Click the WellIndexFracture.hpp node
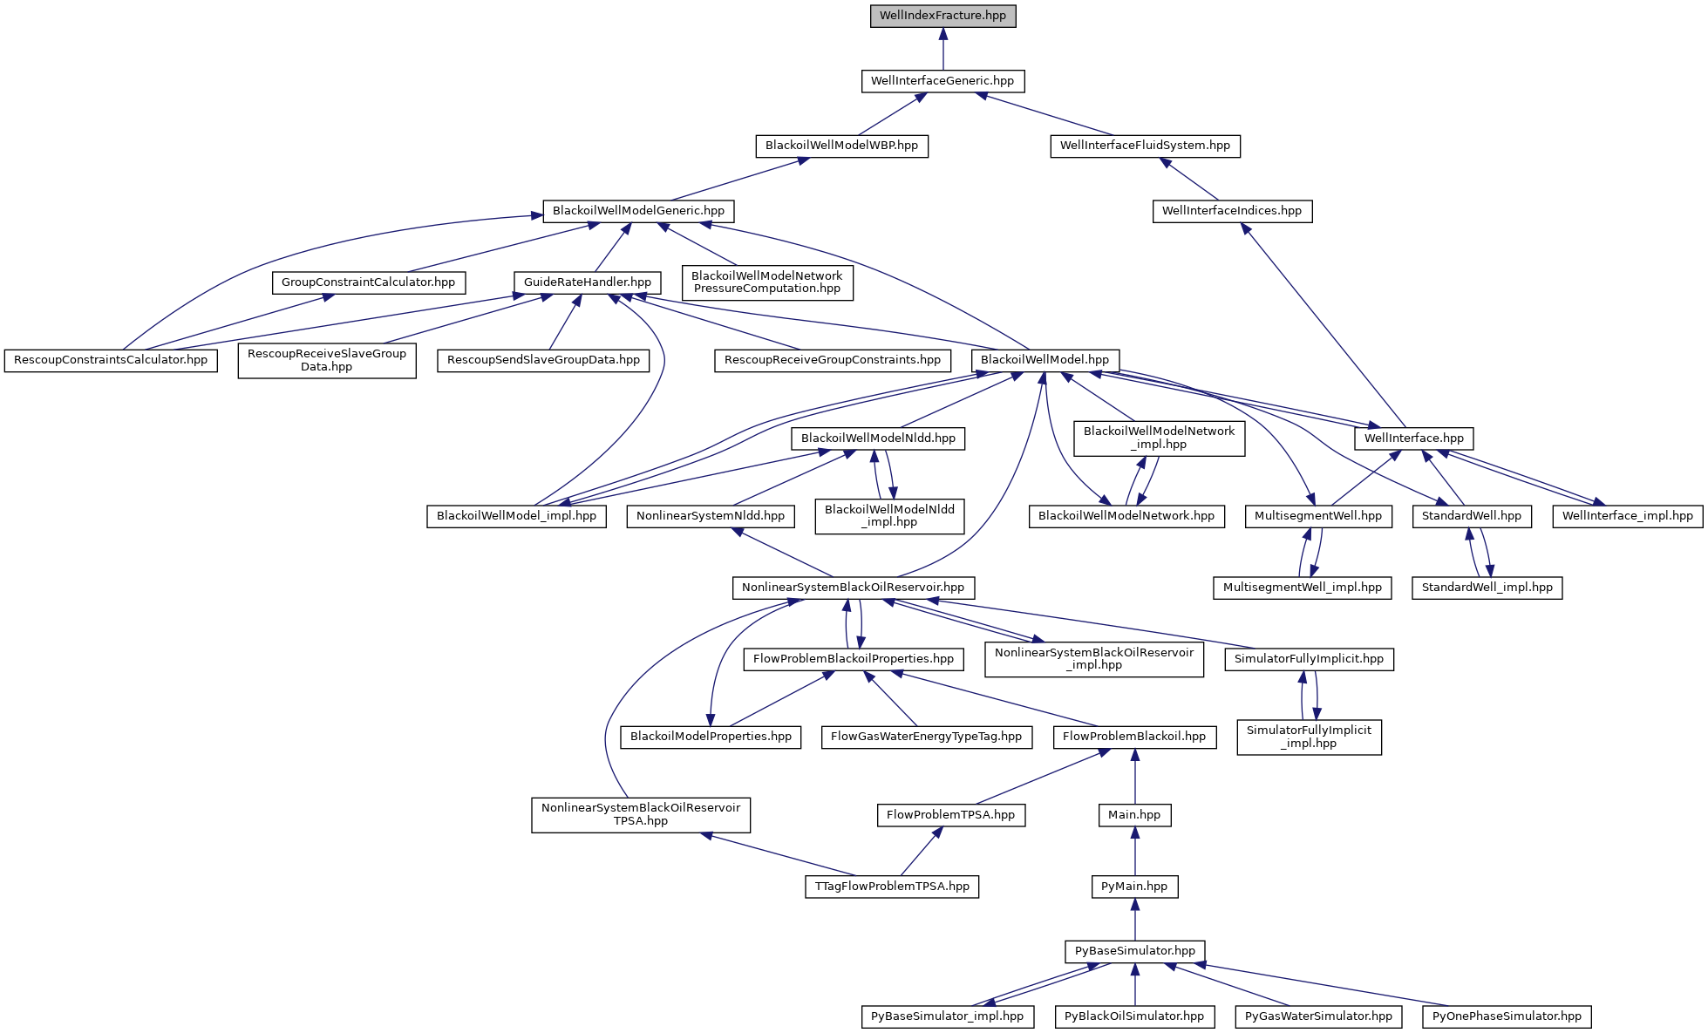pyautogui.click(x=942, y=16)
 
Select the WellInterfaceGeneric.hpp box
pyautogui.click(x=942, y=81)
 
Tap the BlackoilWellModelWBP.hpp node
pyautogui.click(x=841, y=146)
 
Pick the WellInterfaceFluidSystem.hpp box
pyautogui.click(x=1145, y=146)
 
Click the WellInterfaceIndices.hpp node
pyautogui.click(x=1232, y=211)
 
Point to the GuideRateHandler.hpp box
pyautogui.click(x=588, y=282)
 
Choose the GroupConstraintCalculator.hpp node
pyautogui.click(x=369, y=282)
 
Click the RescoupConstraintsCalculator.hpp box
pyautogui.click(x=111, y=360)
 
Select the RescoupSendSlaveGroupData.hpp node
pyautogui.click(x=543, y=360)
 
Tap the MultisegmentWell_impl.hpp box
pyautogui.click(x=1303, y=588)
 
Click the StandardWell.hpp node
pyautogui.click(x=1472, y=516)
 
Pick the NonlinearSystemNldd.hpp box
pyautogui.click(x=711, y=516)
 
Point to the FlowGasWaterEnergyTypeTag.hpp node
pyautogui.click(x=926, y=737)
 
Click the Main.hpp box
pyautogui.click(x=1134, y=815)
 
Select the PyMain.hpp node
pyautogui.click(x=1134, y=887)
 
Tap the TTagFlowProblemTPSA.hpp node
pyautogui.click(x=892, y=887)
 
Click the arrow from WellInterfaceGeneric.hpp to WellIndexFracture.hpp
pyautogui.click(x=942, y=49)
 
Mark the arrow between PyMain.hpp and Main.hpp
pyautogui.click(x=1134, y=851)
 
